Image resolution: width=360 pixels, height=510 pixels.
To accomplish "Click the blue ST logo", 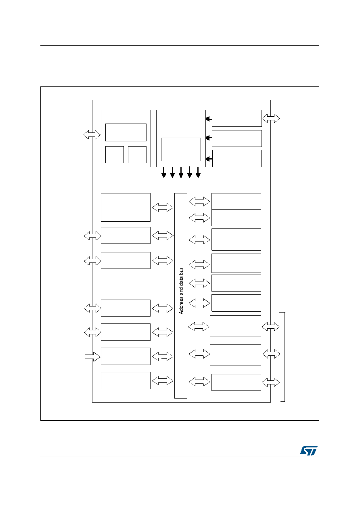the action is [x=309, y=450].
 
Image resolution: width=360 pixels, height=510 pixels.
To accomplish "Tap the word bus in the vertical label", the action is [x=181, y=271].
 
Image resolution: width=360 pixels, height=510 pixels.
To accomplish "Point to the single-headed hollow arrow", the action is [x=92, y=357].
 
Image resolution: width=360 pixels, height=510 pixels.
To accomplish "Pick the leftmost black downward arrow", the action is [x=163, y=172].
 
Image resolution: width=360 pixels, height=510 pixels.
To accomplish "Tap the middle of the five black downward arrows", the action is [x=181, y=172].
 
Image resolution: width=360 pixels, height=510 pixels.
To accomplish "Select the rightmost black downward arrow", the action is [x=198, y=172].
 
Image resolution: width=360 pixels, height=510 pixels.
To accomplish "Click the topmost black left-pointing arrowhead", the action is [x=208, y=119].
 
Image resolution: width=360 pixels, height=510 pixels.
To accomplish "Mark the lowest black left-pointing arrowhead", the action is [x=209, y=159].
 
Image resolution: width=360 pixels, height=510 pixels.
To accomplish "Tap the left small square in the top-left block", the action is [x=115, y=155].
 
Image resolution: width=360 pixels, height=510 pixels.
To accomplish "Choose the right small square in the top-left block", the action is [x=137, y=155].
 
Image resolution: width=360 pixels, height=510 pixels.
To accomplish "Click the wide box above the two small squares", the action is [x=126, y=132].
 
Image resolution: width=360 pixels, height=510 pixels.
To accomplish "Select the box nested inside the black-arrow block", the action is [x=181, y=149].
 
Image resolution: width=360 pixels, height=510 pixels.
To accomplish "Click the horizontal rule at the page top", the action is [x=180, y=45].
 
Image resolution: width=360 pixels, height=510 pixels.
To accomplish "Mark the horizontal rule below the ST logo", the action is [x=180, y=457].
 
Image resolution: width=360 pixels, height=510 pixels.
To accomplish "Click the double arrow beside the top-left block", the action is [x=92, y=135].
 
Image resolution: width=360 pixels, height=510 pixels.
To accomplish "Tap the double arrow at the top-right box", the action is [x=271, y=118].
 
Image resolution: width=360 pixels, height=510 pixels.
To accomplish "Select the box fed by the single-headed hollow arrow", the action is [x=126, y=356].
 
